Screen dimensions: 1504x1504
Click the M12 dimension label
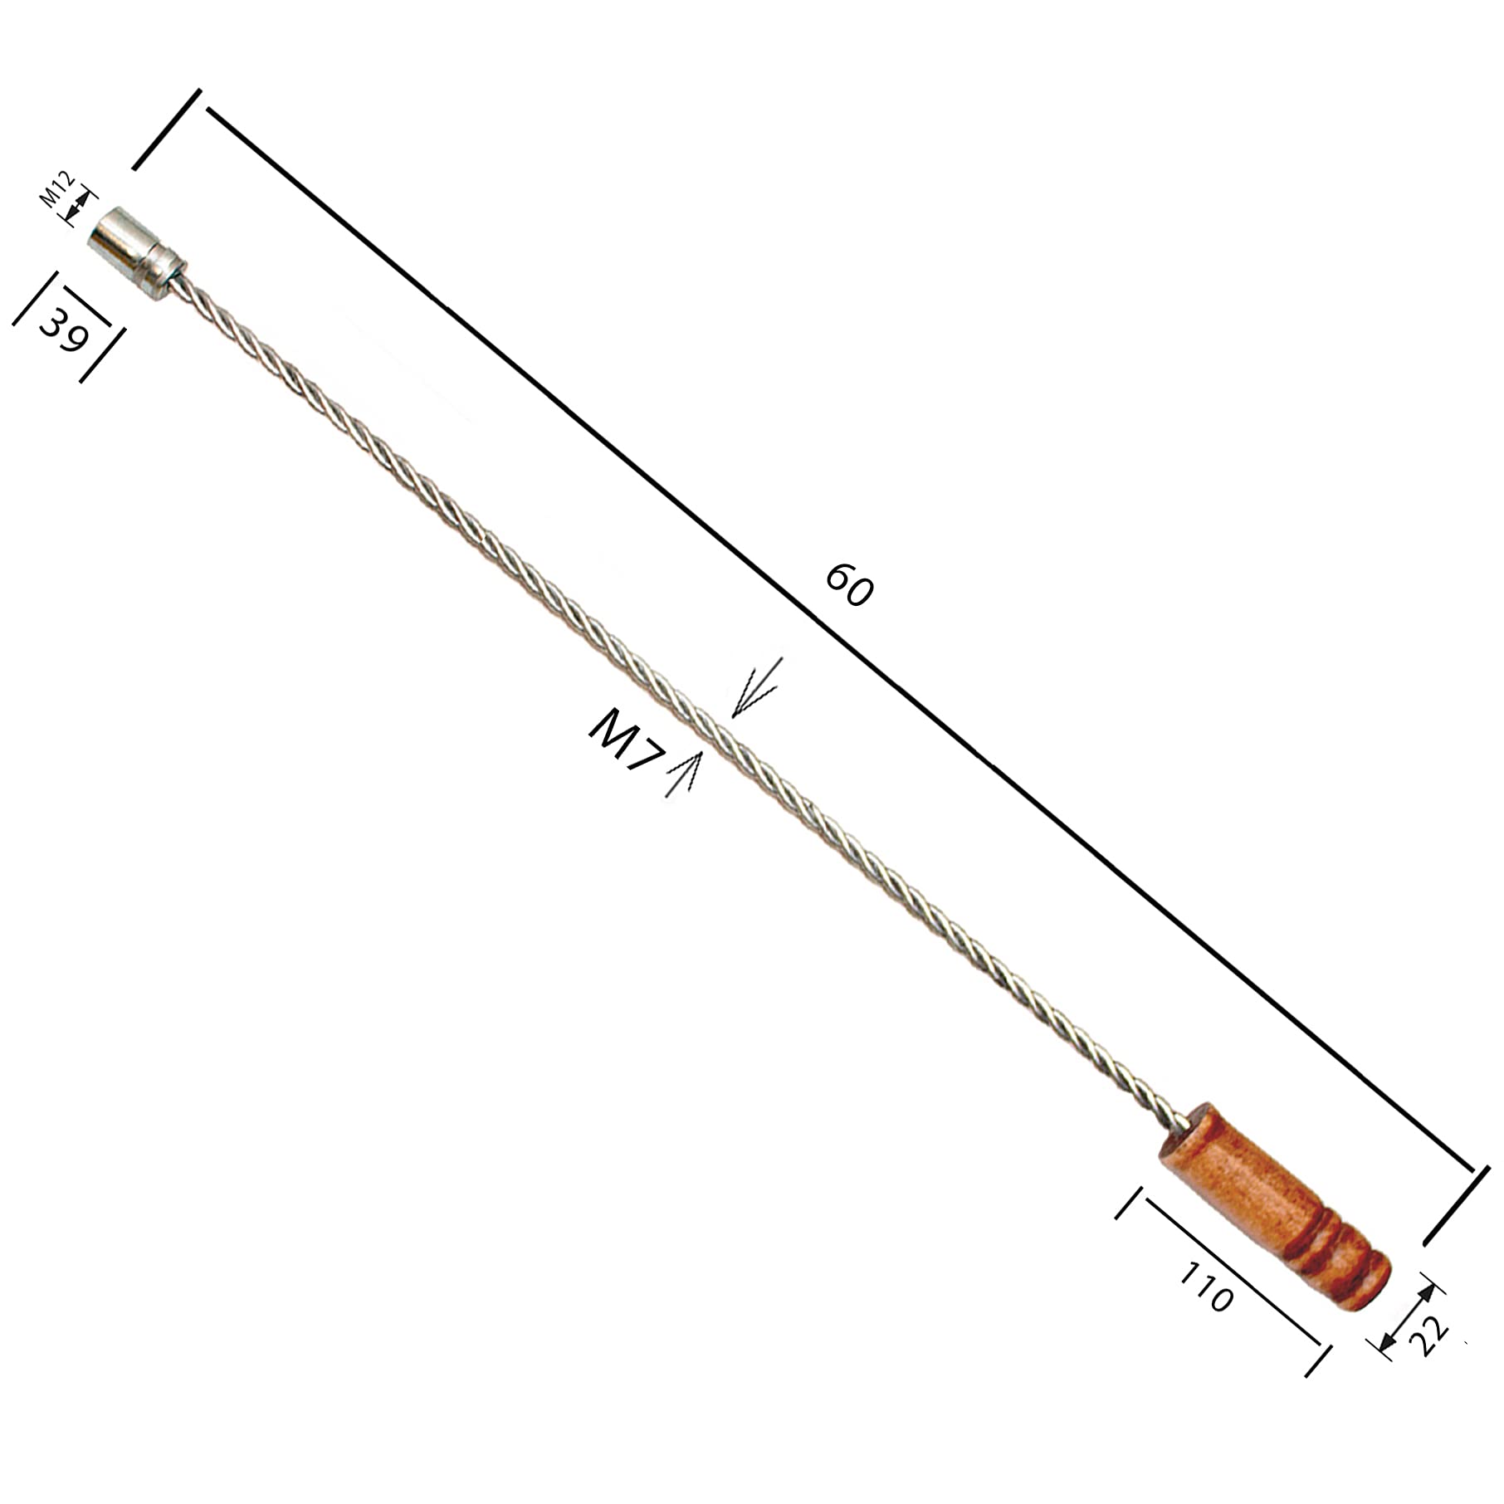(58, 189)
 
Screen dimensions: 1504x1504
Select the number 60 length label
(849, 585)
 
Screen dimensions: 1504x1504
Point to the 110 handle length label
(1205, 1287)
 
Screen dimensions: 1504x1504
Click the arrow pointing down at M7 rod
(755, 687)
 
